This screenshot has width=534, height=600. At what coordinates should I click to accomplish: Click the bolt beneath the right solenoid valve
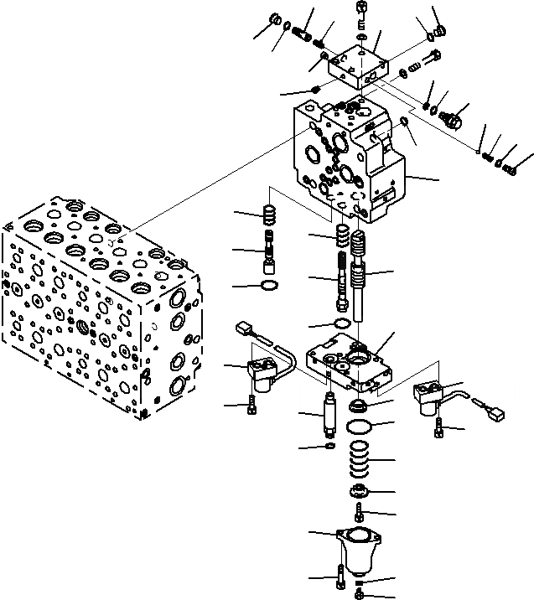pyautogui.click(x=439, y=430)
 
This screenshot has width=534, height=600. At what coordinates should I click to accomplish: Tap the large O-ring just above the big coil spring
pyautogui.click(x=359, y=427)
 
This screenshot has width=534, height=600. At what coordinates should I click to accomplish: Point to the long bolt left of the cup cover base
pyautogui.click(x=339, y=577)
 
